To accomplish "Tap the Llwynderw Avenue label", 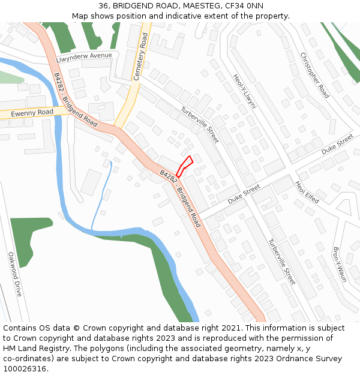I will click(84, 57).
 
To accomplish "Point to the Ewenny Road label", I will click(32, 112).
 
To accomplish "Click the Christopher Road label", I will click(314, 75).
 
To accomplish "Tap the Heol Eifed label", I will click(307, 191).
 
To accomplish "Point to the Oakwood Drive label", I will click(14, 274).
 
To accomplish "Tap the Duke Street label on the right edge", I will click(337, 145).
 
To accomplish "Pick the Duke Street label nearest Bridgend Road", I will click(244, 193).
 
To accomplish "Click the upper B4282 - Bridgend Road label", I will click(75, 100).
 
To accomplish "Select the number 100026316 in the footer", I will click(25, 369).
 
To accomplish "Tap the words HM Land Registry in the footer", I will click(30, 348).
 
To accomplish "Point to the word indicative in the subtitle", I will click(172, 16).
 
